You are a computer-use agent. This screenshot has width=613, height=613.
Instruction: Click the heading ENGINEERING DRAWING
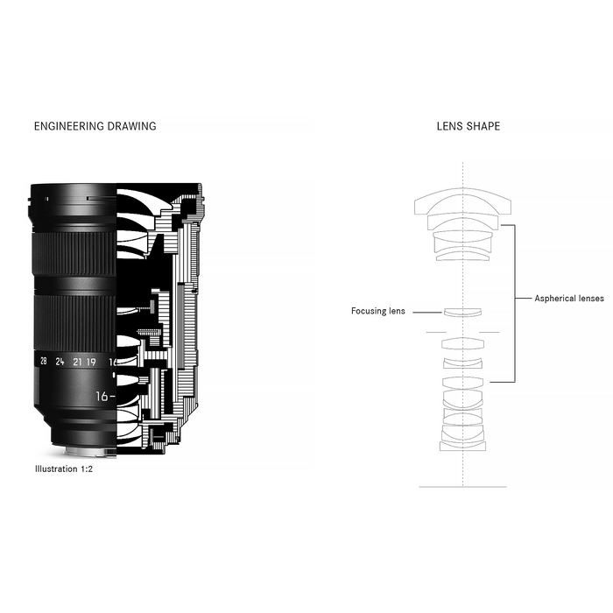(95, 126)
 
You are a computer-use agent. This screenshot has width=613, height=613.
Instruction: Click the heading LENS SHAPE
(469, 126)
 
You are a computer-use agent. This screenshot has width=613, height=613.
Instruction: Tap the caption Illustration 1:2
(64, 469)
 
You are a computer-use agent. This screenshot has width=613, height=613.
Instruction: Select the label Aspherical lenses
(569, 299)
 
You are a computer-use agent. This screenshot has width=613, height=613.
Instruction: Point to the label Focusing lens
(378, 311)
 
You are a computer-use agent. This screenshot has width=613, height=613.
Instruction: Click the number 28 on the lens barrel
(44, 361)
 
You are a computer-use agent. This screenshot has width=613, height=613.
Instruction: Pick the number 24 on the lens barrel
(60, 362)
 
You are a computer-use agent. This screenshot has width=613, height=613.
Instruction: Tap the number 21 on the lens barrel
(77, 362)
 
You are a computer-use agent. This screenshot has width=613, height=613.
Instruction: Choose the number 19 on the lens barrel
(91, 362)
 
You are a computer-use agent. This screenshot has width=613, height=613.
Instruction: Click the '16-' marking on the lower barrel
(106, 397)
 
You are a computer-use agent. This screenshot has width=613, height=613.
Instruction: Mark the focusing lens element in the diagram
(462, 313)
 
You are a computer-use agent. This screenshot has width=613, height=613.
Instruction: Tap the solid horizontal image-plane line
(462, 487)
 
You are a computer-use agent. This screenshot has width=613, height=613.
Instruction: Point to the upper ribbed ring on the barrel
(74, 253)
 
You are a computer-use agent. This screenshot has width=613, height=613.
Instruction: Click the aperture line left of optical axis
(436, 332)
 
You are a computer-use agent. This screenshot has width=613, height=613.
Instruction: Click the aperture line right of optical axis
(490, 332)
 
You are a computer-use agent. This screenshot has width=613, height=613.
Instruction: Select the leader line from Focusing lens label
(427, 313)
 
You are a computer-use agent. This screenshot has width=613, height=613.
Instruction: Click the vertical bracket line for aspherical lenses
(515, 303)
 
